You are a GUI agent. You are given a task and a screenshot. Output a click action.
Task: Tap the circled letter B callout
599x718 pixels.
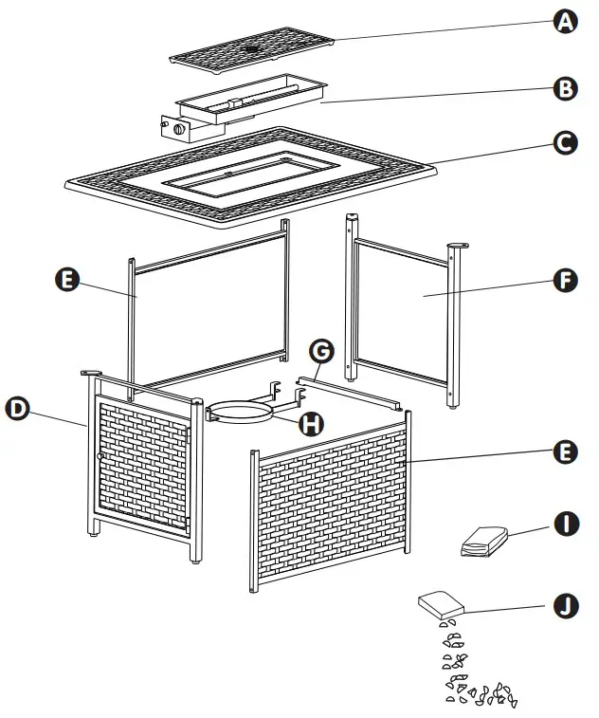566,89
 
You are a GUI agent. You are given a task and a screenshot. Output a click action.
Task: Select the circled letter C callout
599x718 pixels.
566,143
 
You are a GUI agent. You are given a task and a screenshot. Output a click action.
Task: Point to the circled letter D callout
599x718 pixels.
17,408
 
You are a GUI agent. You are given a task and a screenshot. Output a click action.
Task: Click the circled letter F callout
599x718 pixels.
566,283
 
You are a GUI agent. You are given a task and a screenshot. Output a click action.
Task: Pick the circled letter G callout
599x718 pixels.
322,352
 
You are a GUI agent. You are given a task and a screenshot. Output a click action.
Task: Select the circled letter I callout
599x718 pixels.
566,521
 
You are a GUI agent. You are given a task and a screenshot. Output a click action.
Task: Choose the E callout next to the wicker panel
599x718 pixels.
566,452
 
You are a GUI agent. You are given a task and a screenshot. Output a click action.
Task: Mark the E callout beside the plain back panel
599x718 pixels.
67,282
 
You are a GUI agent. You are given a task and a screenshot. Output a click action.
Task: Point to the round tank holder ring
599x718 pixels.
242,411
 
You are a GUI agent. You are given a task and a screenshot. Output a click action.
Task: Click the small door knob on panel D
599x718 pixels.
100,457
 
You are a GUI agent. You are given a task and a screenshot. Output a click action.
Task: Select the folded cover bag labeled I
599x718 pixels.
484,543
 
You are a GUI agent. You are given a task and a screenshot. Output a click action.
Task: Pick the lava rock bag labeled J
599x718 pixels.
440,604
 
